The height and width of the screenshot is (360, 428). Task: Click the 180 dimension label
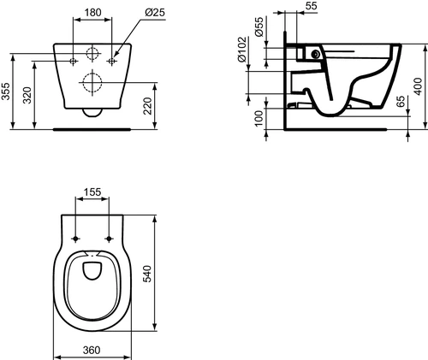click(x=92, y=13)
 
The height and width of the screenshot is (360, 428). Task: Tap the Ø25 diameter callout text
click(x=155, y=13)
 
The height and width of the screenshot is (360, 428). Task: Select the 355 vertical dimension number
click(x=5, y=91)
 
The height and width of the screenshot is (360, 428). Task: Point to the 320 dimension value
click(x=27, y=95)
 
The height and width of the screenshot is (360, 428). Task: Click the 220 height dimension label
click(x=147, y=106)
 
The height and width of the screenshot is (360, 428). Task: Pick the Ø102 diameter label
click(x=241, y=50)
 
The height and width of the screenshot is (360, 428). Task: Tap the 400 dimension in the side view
click(x=418, y=86)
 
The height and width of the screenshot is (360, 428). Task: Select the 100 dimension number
click(x=259, y=119)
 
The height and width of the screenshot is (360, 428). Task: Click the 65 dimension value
click(x=401, y=102)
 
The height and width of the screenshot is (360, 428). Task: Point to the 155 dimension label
click(x=92, y=192)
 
